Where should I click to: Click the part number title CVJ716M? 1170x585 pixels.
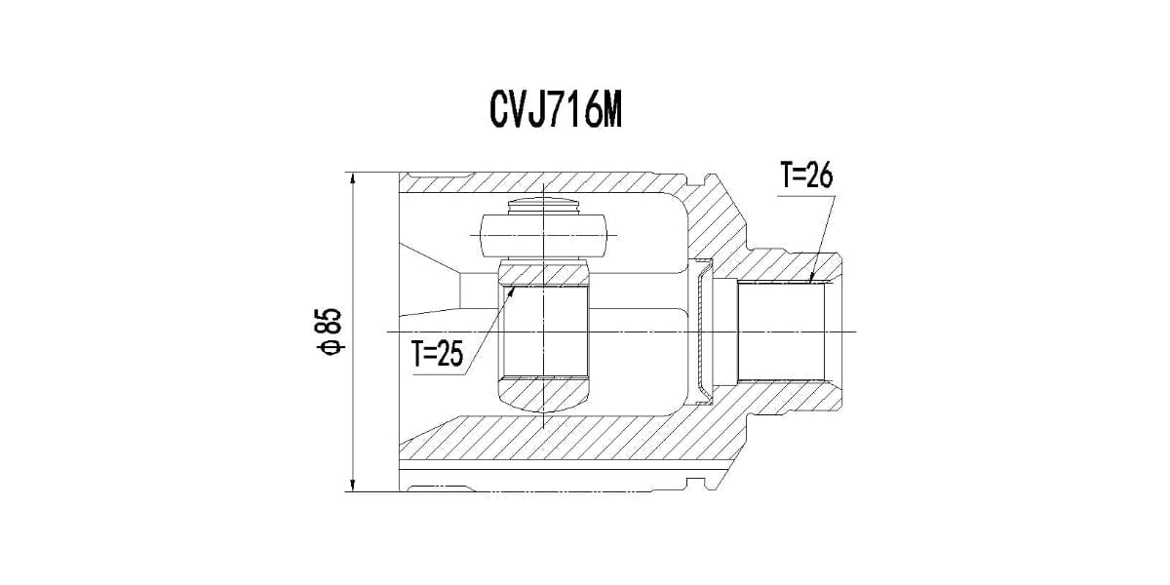click(555, 112)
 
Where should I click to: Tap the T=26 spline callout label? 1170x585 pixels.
click(806, 175)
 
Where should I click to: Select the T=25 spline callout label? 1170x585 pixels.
click(437, 354)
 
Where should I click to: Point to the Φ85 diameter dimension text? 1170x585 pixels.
click(331, 331)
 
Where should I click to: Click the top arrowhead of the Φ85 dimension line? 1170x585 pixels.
click(353, 174)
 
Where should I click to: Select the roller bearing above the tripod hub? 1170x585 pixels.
click(543, 236)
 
